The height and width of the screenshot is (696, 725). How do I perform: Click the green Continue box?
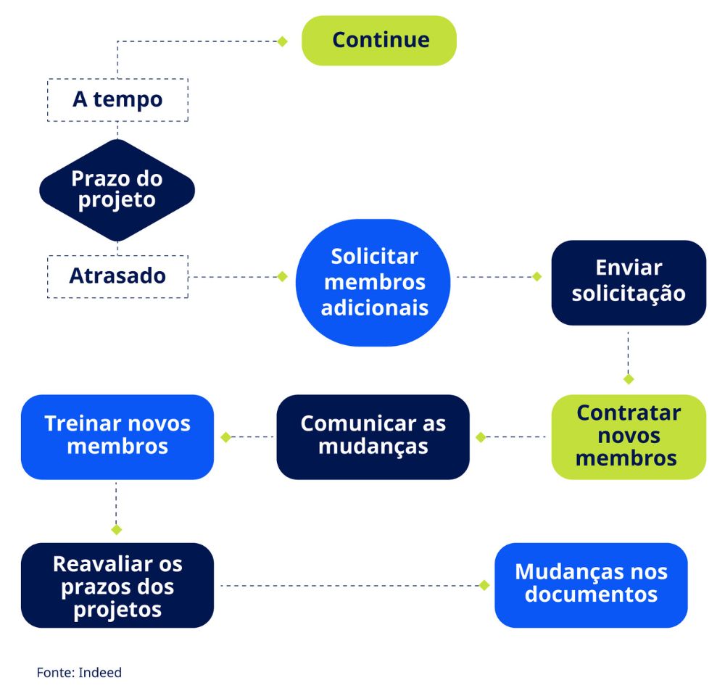[x=379, y=41]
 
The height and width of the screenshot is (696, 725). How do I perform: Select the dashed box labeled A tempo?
[x=117, y=99]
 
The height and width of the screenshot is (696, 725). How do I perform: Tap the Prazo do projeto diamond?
[x=117, y=189]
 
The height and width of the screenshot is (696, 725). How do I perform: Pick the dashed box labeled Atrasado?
[x=117, y=276]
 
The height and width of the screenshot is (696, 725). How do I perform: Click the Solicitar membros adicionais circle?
[x=374, y=282]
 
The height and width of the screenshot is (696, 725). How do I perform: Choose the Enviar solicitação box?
[x=629, y=282]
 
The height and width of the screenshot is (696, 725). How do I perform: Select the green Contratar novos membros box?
[x=629, y=436]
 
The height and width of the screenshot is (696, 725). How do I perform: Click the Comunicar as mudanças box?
[x=373, y=436]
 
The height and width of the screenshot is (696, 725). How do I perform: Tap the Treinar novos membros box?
[x=117, y=436]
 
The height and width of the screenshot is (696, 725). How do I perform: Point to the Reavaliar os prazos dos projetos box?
[x=117, y=585]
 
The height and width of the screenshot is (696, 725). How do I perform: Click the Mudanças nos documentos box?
[x=591, y=585]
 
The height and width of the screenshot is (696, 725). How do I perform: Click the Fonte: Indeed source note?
[x=79, y=673]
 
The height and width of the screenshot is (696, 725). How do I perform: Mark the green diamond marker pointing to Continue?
[x=283, y=41]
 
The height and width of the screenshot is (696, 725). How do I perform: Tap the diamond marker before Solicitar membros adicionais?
[x=283, y=276]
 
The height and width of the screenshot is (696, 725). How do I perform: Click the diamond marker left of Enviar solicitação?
[x=537, y=276]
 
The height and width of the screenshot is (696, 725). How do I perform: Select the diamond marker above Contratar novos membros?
[x=629, y=379]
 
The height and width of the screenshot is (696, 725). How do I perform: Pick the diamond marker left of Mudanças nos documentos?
[x=484, y=585]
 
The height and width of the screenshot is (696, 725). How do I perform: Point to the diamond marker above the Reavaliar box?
[x=116, y=529]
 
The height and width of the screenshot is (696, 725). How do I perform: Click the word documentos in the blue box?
[x=591, y=595]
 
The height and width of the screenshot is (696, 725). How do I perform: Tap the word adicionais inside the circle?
[x=374, y=307]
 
